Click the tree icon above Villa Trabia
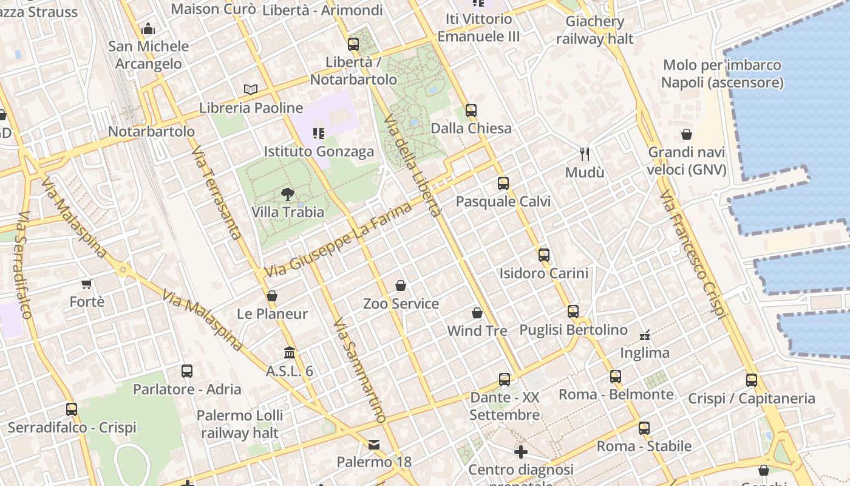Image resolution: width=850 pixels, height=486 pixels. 288,194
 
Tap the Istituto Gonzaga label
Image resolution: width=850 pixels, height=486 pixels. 319,151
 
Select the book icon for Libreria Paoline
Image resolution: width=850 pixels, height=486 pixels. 251,89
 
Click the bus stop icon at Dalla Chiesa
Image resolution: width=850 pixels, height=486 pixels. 471,111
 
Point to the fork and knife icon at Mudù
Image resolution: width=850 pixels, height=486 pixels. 585,154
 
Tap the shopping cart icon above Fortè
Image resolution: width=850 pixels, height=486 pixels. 87,284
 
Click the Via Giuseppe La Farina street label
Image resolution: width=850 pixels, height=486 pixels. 338,241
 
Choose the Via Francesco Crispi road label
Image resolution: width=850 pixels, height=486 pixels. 692,253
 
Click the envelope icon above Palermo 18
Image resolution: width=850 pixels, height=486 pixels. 374,445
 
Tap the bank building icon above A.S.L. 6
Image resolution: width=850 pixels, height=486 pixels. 290,353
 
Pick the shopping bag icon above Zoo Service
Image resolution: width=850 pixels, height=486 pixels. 401,286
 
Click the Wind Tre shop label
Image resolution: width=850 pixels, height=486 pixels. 477,331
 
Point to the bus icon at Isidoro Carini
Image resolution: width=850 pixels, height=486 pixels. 544,255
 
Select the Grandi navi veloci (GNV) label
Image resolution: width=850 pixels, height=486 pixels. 687,161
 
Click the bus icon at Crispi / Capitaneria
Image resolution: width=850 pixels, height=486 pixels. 752,380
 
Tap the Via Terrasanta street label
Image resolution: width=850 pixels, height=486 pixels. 217,192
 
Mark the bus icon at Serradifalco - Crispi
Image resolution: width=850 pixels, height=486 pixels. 72,409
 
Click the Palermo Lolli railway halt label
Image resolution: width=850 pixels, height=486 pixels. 240,424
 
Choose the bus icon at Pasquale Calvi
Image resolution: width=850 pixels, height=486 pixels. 503,183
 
